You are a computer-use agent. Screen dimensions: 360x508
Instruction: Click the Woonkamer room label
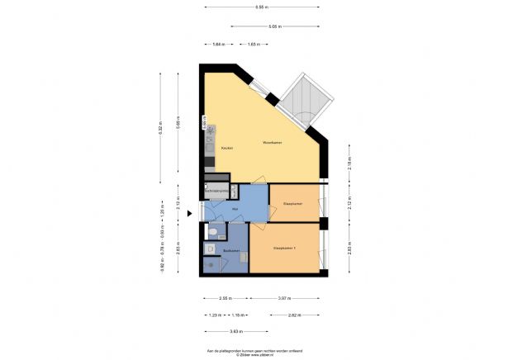273,142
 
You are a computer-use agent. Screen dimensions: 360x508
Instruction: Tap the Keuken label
226,148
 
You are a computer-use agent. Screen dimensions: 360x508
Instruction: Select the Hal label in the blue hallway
235,210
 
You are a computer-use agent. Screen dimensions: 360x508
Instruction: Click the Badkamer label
231,251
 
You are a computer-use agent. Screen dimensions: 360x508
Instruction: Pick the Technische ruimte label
216,191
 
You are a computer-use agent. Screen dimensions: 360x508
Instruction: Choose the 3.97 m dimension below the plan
283,298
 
